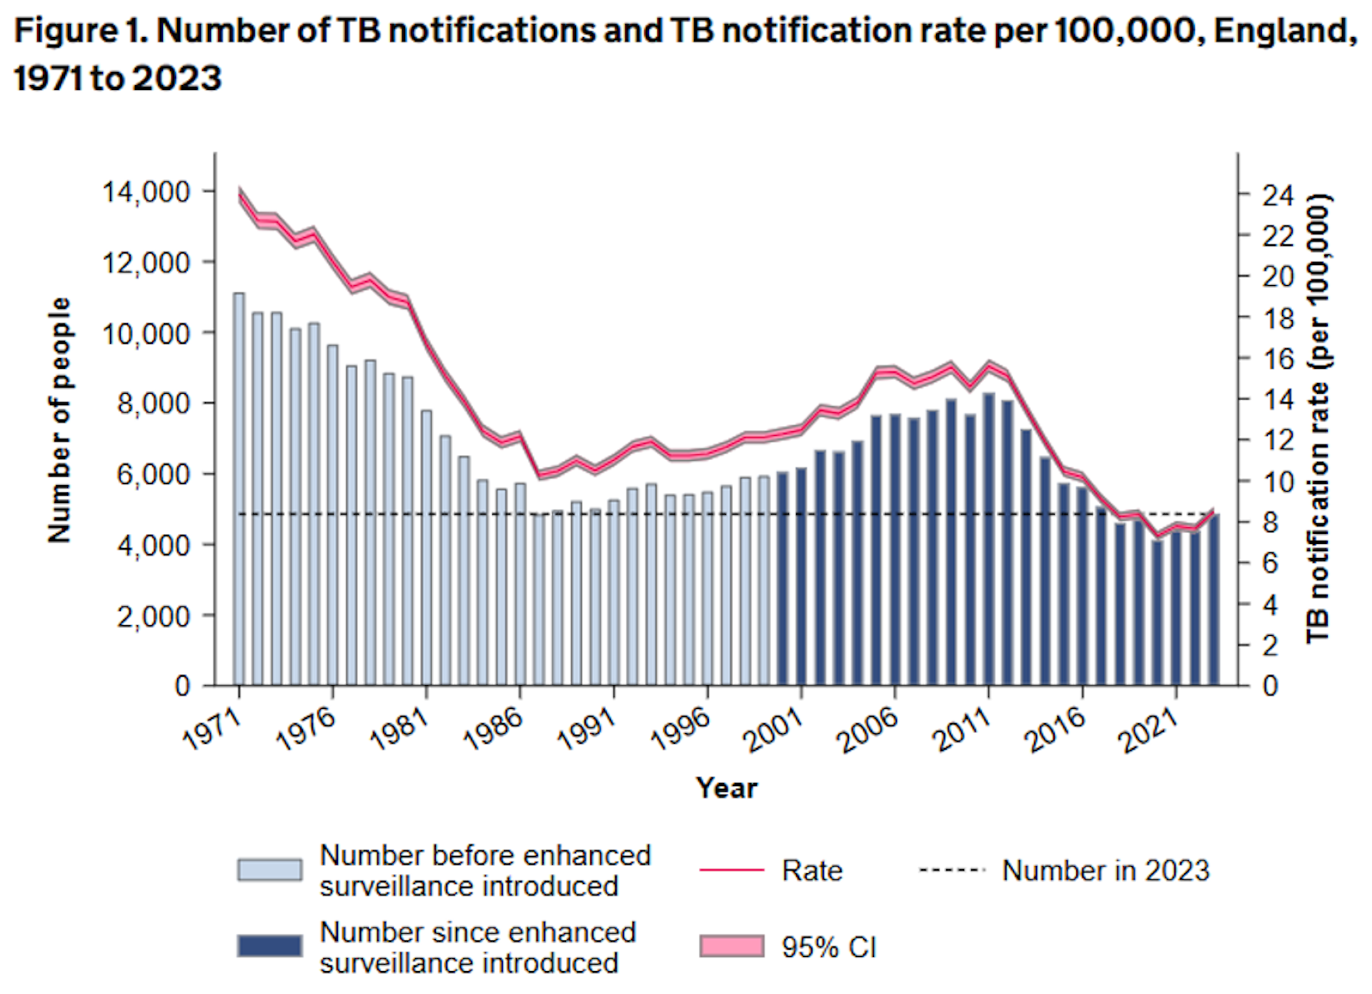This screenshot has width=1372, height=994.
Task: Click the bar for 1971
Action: pyautogui.click(x=239, y=489)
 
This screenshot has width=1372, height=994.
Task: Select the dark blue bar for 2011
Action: pyautogui.click(x=989, y=540)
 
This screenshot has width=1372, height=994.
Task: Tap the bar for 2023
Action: pyautogui.click(x=1214, y=600)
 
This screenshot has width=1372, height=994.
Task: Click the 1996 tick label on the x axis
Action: pyautogui.click(x=681, y=730)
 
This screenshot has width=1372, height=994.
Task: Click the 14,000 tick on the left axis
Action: pyautogui.click(x=146, y=192)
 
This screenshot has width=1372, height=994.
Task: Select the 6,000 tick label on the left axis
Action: pyautogui.click(x=146, y=474)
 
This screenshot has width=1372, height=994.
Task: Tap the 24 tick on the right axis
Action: pyautogui.click(x=1278, y=195)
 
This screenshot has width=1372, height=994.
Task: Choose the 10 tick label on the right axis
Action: pyautogui.click(x=1278, y=482)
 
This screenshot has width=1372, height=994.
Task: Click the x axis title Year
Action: pyautogui.click(x=727, y=788)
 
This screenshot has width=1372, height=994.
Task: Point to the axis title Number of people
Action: pyautogui.click(x=60, y=420)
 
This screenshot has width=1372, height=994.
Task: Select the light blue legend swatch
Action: pyautogui.click(x=269, y=870)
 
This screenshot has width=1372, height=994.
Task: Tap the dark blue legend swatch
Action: pyautogui.click(x=269, y=946)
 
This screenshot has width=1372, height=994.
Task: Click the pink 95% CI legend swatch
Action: pyautogui.click(x=732, y=946)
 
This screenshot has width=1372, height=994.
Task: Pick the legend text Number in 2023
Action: pyautogui.click(x=1105, y=871)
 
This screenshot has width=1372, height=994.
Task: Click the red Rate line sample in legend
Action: pyautogui.click(x=732, y=870)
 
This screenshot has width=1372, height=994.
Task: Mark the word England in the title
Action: pyautogui.click(x=1284, y=31)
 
